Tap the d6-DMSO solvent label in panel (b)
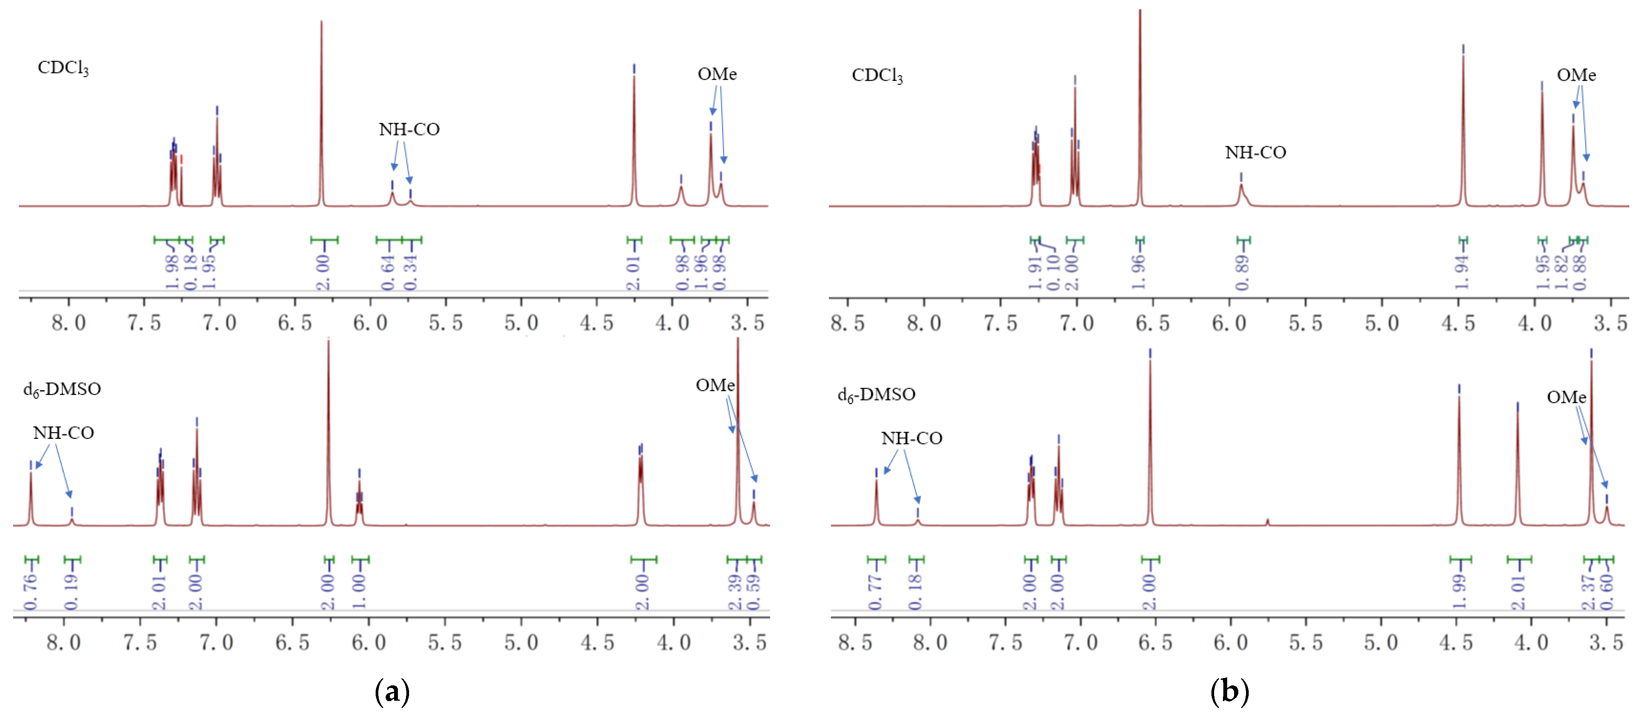876,395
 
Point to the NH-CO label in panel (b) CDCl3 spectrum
1255,152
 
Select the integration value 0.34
411,272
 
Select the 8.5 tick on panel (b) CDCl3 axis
848,323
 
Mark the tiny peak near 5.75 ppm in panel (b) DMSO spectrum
1268,522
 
